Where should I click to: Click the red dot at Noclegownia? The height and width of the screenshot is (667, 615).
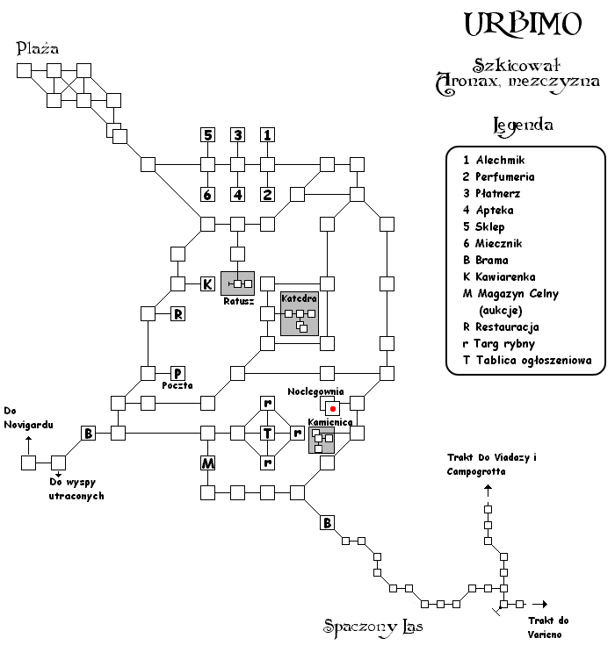(333, 409)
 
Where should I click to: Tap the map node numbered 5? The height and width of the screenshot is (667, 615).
(208, 135)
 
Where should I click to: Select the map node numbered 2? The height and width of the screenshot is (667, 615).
(267, 195)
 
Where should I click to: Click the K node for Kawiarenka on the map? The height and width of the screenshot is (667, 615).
(208, 283)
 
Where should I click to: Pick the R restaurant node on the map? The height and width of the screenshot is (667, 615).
(178, 314)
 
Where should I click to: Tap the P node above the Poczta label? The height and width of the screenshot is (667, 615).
(178, 373)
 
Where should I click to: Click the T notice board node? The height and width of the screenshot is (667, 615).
(267, 433)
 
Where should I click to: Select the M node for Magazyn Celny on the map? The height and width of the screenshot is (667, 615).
(208, 463)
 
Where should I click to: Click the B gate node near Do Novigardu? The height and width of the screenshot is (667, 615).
(88, 433)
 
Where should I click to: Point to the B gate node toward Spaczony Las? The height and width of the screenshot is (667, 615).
(327, 522)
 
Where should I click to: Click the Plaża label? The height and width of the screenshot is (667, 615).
(38, 48)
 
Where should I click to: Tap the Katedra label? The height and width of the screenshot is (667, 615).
(299, 298)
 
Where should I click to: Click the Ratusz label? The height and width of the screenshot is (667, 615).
(238, 301)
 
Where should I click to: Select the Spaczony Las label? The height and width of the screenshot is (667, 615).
(373, 628)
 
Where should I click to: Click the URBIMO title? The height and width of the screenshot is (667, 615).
(523, 24)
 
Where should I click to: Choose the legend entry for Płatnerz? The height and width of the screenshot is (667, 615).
(492, 194)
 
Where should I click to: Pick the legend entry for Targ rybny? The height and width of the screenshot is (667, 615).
(499, 344)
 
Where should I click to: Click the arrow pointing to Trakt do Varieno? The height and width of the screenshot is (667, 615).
(540, 604)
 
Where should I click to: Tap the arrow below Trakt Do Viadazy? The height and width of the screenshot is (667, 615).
(488, 491)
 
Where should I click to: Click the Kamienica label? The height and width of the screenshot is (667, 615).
(330, 422)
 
